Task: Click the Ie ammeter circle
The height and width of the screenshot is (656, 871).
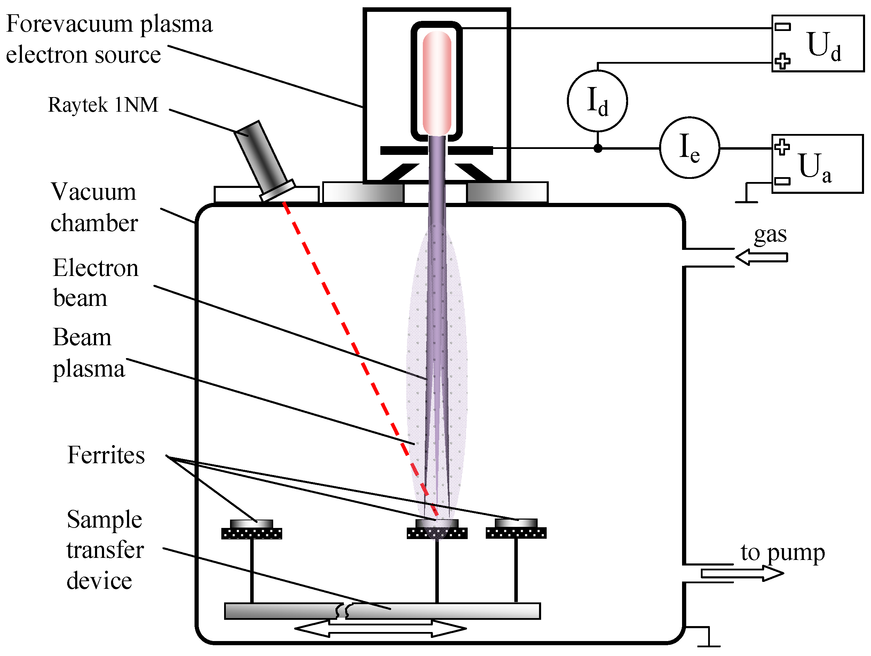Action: pos(689,148)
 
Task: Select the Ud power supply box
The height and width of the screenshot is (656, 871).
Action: pos(817,43)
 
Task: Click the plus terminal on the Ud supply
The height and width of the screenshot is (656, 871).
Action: pos(782,61)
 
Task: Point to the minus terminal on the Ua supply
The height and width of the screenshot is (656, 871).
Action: pos(782,181)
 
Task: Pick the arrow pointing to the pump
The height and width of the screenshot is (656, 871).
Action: pos(742,573)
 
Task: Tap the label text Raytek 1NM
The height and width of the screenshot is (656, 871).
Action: pos(103,105)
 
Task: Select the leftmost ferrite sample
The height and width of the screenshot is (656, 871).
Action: pos(251,524)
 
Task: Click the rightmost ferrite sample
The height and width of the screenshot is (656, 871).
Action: pos(516,523)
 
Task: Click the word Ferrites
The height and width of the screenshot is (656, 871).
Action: pos(106,455)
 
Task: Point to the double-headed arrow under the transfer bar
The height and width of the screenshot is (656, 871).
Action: pos(380,629)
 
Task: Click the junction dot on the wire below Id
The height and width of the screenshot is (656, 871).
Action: pos(598,149)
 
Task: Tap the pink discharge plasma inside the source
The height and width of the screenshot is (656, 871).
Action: pos(437,83)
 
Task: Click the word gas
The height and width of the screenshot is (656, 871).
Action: pos(770,235)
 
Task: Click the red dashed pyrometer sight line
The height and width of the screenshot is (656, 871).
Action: pos(354,347)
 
